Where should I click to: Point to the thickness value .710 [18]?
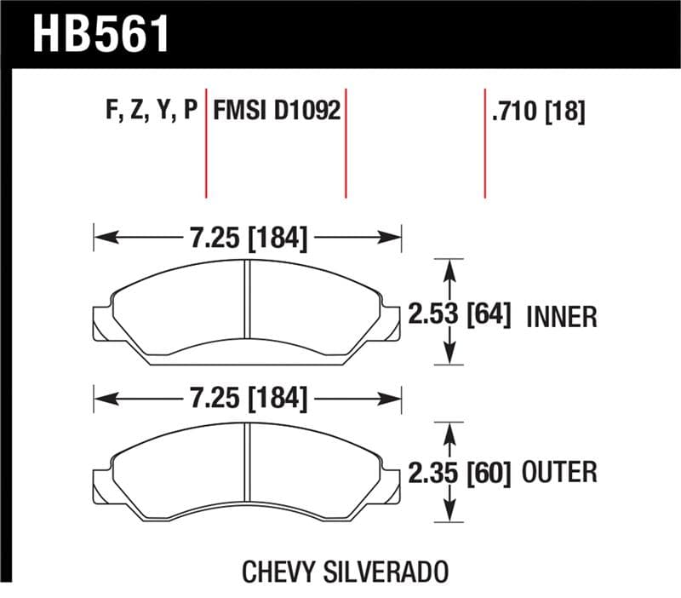click(537, 112)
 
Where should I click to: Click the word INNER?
click(562, 317)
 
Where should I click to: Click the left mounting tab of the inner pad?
click(100, 323)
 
